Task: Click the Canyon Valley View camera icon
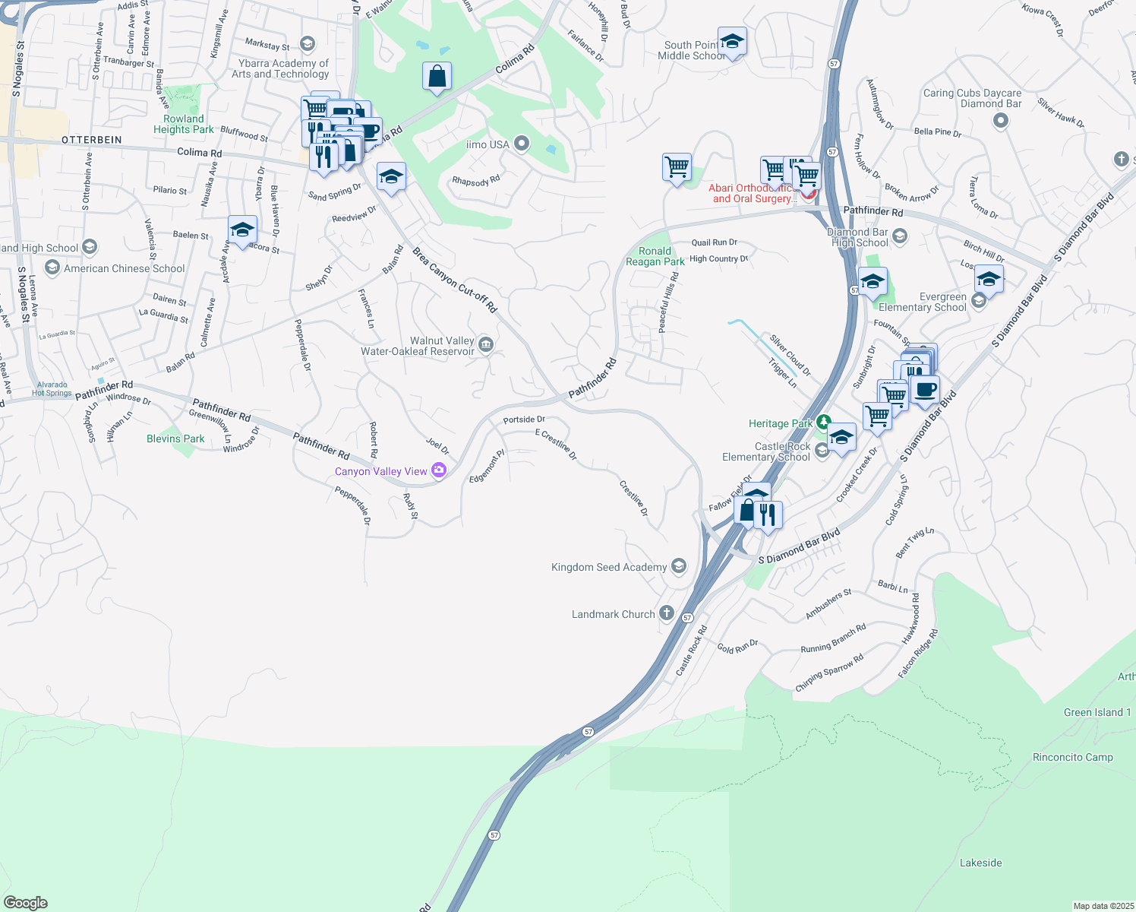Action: tap(439, 470)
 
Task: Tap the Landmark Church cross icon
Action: tap(666, 613)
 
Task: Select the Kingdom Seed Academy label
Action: tap(609, 567)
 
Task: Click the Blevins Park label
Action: tap(175, 439)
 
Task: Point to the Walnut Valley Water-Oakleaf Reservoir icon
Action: tap(486, 346)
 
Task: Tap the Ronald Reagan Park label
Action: tap(655, 256)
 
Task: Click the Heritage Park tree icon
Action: tap(823, 423)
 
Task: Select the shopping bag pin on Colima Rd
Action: tap(437, 76)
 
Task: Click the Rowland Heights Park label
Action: tap(184, 124)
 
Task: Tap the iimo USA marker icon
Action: tap(521, 143)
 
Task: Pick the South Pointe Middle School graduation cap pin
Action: tap(732, 41)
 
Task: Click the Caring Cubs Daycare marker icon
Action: tap(1000, 120)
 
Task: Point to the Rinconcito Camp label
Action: tap(1072, 757)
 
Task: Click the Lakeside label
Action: tap(980, 863)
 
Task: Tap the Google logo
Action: tap(26, 902)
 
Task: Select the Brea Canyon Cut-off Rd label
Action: tap(454, 280)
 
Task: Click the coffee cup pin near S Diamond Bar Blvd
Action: tap(925, 390)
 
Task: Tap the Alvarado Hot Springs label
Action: tap(52, 389)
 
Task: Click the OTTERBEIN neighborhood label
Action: tap(91, 140)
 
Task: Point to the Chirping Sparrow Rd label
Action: tap(829, 673)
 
